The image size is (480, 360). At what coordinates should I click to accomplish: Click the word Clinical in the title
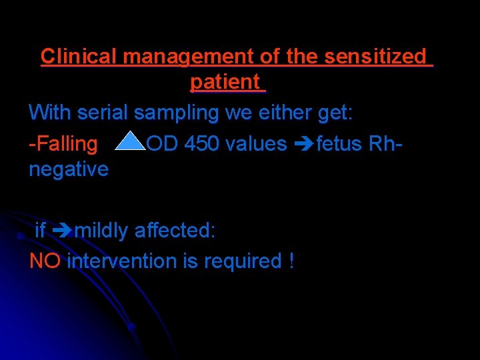click(x=79, y=57)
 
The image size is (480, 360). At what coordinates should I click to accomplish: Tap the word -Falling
click(x=63, y=143)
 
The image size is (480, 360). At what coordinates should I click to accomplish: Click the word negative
click(x=69, y=169)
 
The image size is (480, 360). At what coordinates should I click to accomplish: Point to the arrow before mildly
click(x=61, y=231)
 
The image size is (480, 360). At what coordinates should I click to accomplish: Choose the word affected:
click(x=175, y=231)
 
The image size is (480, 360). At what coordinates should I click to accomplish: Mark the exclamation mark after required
click(x=291, y=261)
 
